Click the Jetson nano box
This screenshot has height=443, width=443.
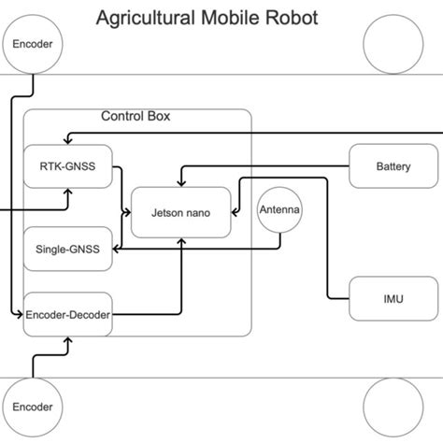pyautogui.click(x=181, y=212)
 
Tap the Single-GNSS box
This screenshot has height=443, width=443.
pyautogui.click(x=67, y=249)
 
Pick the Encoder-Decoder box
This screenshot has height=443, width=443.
pyautogui.click(x=67, y=315)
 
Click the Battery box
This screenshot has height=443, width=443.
pyautogui.click(x=393, y=167)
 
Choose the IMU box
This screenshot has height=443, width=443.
pyautogui.click(x=393, y=299)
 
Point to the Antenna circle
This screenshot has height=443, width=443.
pyautogui.click(x=279, y=211)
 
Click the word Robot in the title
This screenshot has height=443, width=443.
pyautogui.click(x=292, y=17)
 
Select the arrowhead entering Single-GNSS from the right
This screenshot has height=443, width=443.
pyautogui.click(x=116, y=249)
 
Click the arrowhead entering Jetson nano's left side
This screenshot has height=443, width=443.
pyautogui.click(x=128, y=212)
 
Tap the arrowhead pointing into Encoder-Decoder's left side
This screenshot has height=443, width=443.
pyautogui.click(x=19, y=316)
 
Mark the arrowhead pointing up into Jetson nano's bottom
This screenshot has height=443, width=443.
pyautogui.click(x=181, y=240)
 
